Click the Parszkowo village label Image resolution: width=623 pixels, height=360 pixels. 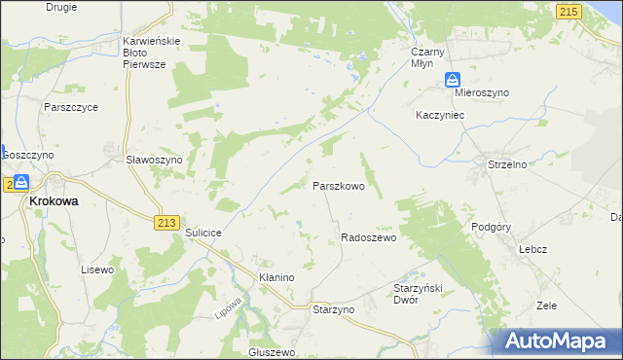338,185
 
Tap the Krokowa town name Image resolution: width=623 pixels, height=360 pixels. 54,200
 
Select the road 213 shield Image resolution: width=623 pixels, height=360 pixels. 165,223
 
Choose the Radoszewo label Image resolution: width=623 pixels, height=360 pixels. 369,237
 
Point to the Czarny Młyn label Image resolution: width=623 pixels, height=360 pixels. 427,57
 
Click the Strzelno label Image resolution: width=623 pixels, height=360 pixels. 506,165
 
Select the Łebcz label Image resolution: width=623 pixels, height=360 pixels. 531,249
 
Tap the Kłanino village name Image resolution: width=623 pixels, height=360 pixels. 276,277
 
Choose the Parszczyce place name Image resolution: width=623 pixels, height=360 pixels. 71,108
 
